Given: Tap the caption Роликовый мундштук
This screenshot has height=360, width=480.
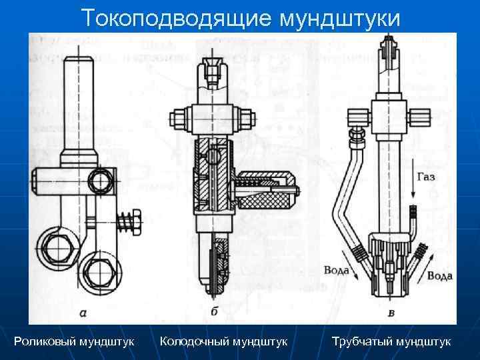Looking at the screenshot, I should point(74,341).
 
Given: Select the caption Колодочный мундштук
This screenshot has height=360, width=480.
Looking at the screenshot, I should point(224,341).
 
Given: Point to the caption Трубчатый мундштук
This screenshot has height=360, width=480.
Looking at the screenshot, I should point(391,341).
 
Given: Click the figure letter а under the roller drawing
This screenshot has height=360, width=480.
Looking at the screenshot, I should point(82,311).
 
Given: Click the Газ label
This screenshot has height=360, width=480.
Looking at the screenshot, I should point(427,177).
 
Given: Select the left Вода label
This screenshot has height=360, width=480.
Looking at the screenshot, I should point(336,270).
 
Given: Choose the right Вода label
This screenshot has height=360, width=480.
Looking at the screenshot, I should point(440,275).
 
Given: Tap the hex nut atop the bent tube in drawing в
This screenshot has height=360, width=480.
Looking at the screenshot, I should point(357,136).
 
